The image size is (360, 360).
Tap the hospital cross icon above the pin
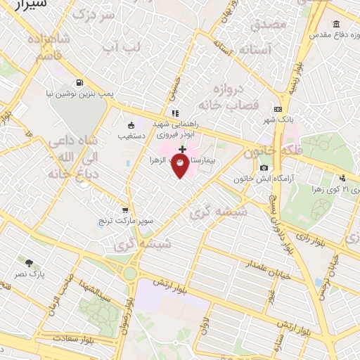(x=182, y=149)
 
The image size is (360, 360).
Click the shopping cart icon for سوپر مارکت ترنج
(x=125, y=210)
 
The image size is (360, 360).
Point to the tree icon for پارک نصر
(x=29, y=262)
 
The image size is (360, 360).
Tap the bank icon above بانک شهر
(x=278, y=109)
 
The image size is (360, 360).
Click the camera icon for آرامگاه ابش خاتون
(x=264, y=167)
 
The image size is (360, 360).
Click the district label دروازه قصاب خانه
(x=236, y=96)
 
